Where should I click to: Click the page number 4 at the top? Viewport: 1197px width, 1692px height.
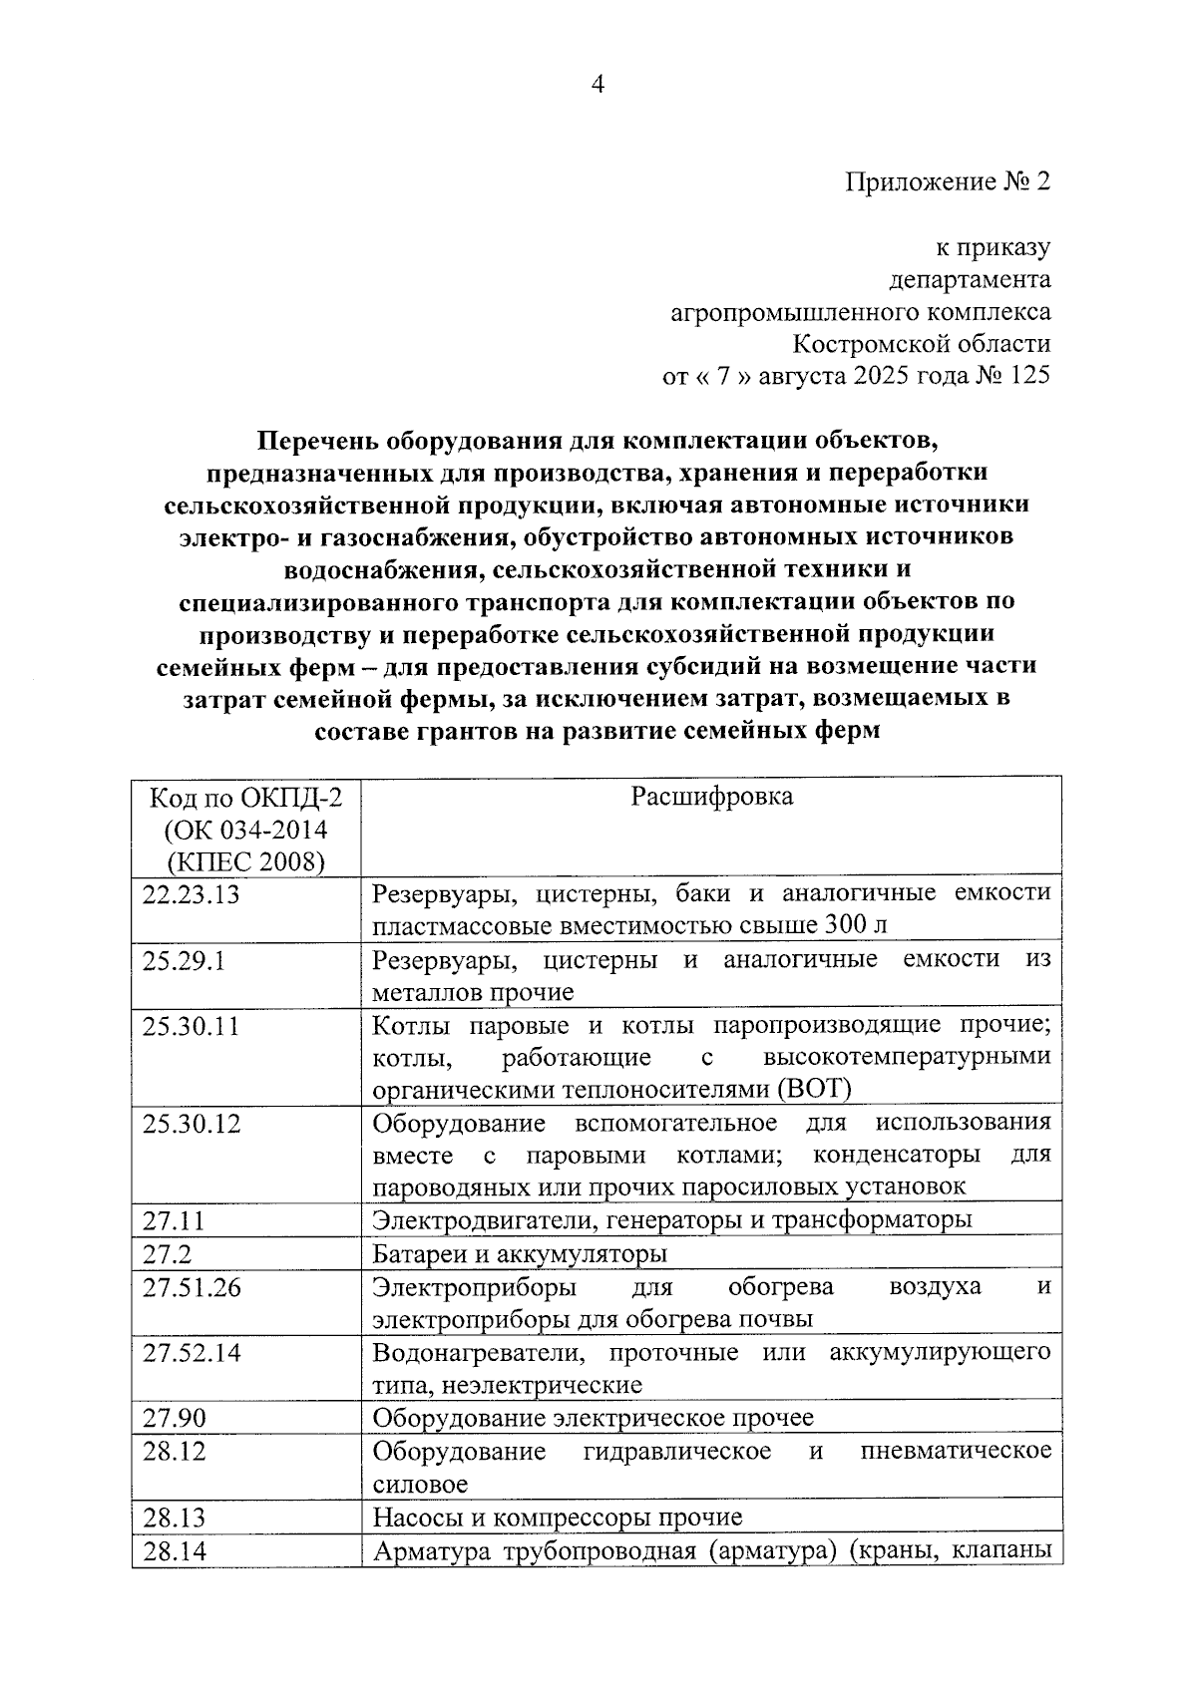click(598, 85)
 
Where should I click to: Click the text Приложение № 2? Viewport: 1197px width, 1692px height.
click(948, 182)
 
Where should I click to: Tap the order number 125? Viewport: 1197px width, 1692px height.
click(1029, 376)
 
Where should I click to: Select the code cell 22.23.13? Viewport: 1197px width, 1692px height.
click(192, 894)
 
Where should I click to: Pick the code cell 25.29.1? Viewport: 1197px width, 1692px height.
click(184, 961)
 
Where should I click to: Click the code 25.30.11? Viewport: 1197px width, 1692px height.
click(192, 1026)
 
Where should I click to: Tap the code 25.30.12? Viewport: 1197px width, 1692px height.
click(192, 1124)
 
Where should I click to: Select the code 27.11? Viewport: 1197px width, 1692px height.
click(173, 1219)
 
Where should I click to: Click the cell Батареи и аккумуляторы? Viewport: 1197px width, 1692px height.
click(520, 1253)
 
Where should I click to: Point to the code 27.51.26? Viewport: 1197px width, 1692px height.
click(192, 1287)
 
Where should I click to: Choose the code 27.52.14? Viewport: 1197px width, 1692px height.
click(192, 1353)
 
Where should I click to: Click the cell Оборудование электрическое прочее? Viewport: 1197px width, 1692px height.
click(593, 1418)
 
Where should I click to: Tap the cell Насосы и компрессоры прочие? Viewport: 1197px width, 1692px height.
click(557, 1518)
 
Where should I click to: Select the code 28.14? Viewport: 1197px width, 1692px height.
click(174, 1551)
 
